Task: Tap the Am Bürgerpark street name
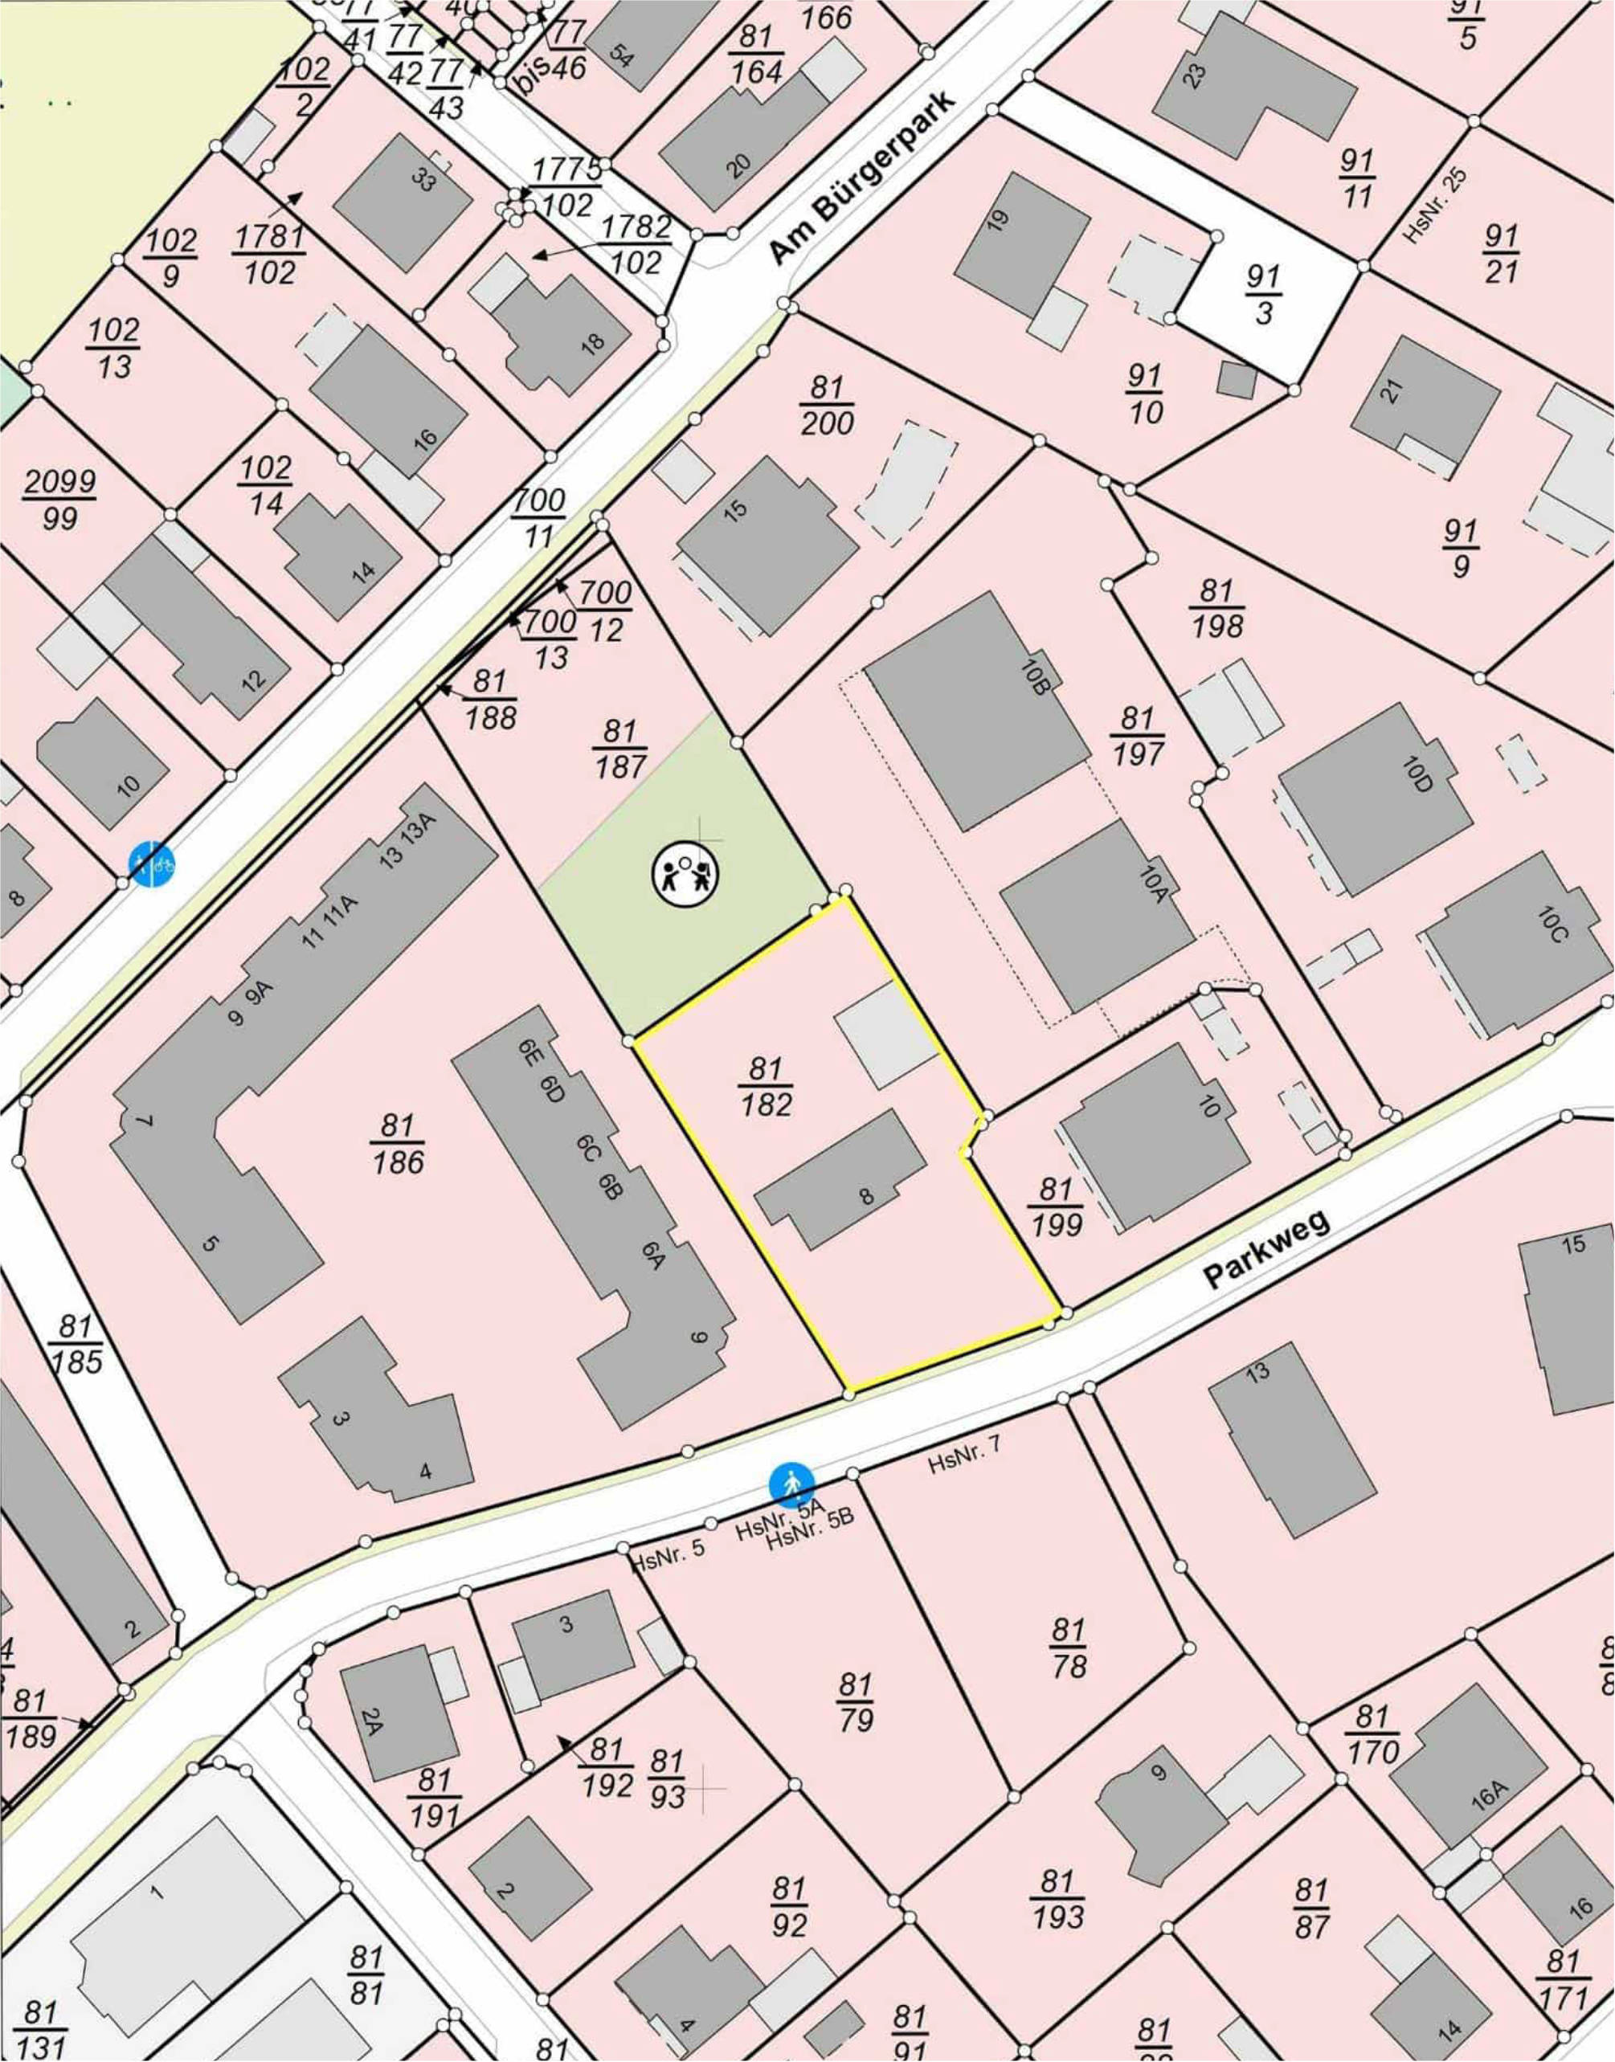pos(863,178)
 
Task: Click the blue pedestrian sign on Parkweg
pos(791,1485)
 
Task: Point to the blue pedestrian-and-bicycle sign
pos(152,864)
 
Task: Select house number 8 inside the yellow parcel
pos(866,1196)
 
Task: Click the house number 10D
pos(1419,773)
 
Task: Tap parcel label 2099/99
pos(59,499)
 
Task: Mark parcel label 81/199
pos(1057,1207)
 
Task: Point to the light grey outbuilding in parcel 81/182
pos(884,1036)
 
